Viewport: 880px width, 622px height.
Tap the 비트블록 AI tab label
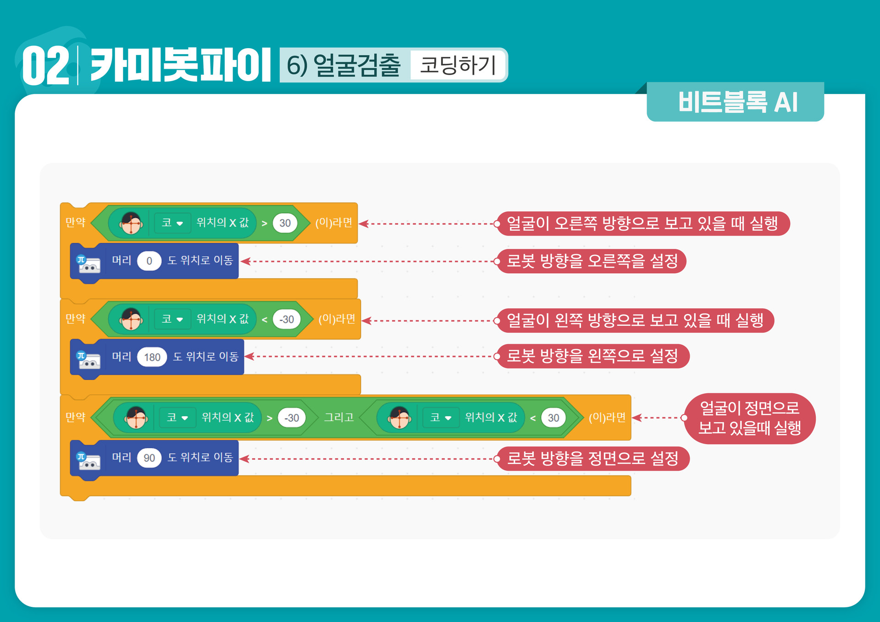click(737, 102)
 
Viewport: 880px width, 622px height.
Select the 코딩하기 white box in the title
click(458, 65)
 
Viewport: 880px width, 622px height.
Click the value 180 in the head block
click(152, 357)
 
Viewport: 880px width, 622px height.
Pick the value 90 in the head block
click(149, 458)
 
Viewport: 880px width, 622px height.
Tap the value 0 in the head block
click(149, 261)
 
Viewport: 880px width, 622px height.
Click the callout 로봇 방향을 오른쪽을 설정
click(592, 261)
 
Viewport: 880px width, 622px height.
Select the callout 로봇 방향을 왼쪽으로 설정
click(592, 356)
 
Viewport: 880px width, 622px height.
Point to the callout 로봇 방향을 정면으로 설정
click(592, 458)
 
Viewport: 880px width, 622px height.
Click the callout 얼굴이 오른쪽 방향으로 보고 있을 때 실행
click(642, 224)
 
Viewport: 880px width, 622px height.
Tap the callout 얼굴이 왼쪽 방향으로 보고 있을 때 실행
click(635, 320)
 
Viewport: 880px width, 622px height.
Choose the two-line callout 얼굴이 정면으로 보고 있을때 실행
click(749, 418)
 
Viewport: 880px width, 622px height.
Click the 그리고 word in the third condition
click(339, 417)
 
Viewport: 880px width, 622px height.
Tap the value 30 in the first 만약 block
click(285, 223)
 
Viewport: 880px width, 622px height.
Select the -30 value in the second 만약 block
click(287, 319)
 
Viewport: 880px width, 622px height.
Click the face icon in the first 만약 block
click(131, 223)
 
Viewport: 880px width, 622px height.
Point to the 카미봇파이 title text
click(180, 66)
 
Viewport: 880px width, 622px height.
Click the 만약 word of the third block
click(76, 417)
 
